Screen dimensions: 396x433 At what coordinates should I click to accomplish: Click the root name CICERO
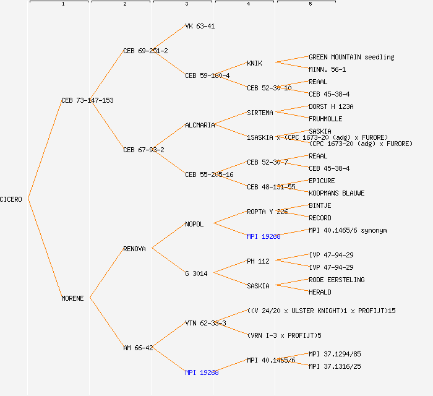(x=11, y=199)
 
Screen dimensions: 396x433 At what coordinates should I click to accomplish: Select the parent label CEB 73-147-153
(x=87, y=100)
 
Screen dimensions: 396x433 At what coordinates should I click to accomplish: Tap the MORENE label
(x=72, y=298)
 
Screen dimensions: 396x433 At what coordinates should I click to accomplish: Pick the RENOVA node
(x=134, y=249)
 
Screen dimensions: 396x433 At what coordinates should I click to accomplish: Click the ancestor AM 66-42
(x=138, y=348)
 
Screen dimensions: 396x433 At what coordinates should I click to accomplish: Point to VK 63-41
(x=200, y=26)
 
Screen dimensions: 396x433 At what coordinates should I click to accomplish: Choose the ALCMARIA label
(x=200, y=125)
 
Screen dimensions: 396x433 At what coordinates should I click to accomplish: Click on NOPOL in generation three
(x=194, y=224)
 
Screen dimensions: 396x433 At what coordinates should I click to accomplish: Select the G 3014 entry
(x=196, y=273)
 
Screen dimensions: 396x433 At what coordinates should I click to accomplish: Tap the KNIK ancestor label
(x=254, y=63)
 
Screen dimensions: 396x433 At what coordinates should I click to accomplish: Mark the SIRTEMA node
(x=260, y=113)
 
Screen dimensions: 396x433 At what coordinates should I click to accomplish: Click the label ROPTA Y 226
(x=267, y=212)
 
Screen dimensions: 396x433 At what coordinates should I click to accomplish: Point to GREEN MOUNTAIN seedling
(x=351, y=57)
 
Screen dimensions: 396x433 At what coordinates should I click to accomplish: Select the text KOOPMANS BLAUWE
(x=337, y=193)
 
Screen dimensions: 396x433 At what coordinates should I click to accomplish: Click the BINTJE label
(x=320, y=205)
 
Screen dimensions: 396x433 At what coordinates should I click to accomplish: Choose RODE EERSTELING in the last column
(x=337, y=280)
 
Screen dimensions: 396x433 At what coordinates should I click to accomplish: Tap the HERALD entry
(x=320, y=292)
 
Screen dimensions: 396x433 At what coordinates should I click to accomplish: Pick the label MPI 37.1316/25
(x=335, y=366)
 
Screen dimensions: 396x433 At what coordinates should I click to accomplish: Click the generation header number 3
(x=186, y=4)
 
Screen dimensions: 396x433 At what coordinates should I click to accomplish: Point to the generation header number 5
(x=310, y=4)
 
